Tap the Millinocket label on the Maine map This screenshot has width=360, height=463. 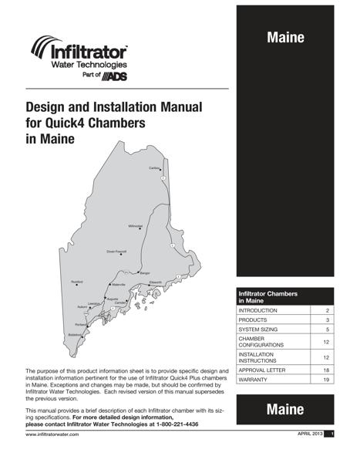[x=136, y=226]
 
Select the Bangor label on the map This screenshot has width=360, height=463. [x=144, y=272]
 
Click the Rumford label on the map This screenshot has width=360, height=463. [x=76, y=282]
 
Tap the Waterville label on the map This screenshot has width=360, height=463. [x=118, y=286]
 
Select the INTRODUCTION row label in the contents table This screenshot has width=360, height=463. [x=258, y=309]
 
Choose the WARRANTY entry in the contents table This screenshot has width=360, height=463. [x=254, y=380]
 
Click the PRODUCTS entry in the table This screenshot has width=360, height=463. [x=253, y=319]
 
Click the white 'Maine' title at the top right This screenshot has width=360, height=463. [x=285, y=37]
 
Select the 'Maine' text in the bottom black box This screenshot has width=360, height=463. [x=285, y=410]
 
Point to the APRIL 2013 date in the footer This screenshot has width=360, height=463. [x=308, y=436]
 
